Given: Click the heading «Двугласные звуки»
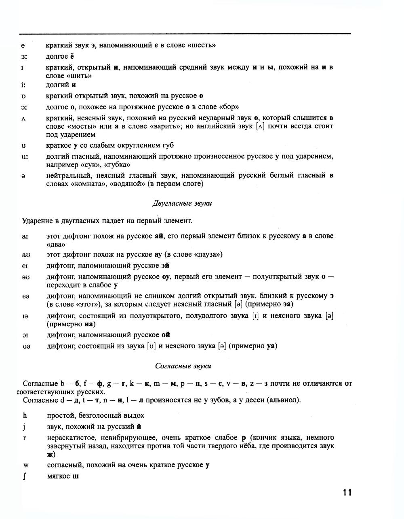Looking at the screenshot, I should (x=182, y=203).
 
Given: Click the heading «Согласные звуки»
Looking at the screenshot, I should (x=183, y=366).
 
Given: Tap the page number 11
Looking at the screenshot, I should (x=347, y=492).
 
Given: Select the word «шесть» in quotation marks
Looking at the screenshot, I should (x=202, y=45).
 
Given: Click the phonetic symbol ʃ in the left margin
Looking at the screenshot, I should (x=25, y=476).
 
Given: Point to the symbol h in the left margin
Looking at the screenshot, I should (x=25, y=415).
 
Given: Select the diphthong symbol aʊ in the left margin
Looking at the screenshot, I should (x=26, y=255).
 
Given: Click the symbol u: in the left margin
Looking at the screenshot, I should (x=25, y=157).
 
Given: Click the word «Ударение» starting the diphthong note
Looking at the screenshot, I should (x=36, y=221).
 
